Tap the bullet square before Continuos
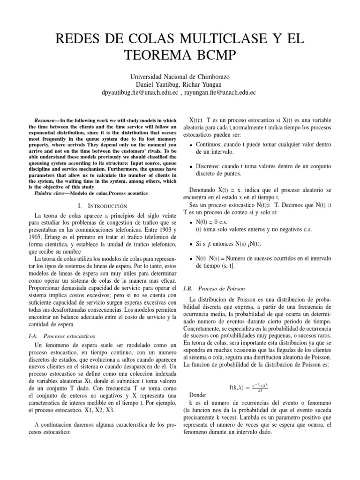click(190, 145)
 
